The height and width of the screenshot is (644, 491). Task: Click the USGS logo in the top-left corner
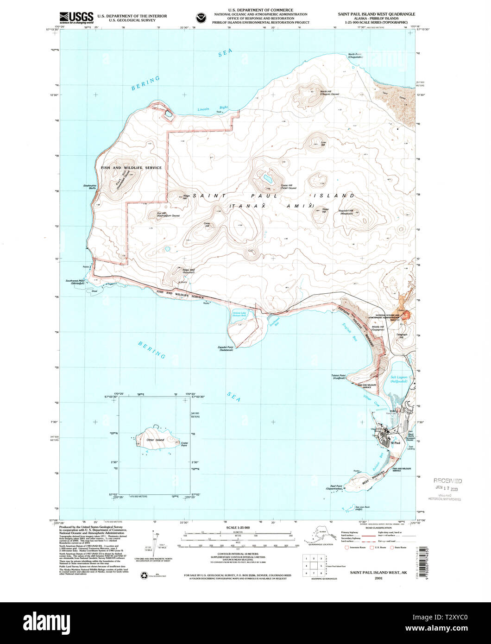point(77,17)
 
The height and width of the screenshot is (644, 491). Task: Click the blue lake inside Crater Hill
point(267,177)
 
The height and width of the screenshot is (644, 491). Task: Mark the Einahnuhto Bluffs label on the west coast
point(89,187)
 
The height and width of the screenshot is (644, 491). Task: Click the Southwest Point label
point(75,282)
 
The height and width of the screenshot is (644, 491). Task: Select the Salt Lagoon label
point(398,379)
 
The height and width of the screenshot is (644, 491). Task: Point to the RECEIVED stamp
point(447,481)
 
